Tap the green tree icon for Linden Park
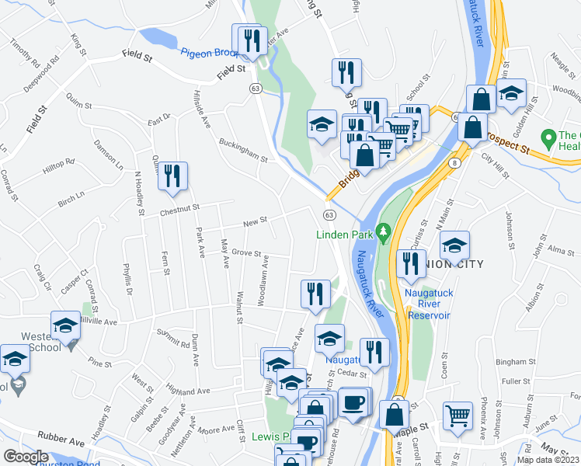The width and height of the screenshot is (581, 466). (382, 231)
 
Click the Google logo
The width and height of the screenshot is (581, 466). (26, 457)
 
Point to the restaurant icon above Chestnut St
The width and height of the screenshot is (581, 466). (172, 176)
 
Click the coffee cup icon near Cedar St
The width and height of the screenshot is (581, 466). (353, 403)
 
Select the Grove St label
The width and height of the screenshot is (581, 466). (245, 253)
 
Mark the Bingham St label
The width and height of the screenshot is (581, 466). (511, 362)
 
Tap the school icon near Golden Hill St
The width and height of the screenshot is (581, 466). (511, 94)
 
